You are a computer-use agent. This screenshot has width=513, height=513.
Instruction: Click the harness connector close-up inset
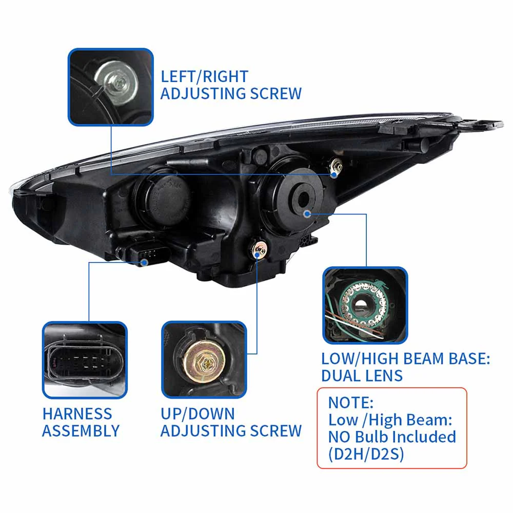point(84,360)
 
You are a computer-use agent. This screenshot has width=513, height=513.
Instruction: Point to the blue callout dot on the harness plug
point(145,262)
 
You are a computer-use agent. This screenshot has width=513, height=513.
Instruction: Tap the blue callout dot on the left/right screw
point(334,174)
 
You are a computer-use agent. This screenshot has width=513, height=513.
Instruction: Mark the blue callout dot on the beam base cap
point(307,213)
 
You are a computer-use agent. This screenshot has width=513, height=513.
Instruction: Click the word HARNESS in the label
point(77,413)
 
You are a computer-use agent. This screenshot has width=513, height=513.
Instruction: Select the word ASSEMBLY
point(81,431)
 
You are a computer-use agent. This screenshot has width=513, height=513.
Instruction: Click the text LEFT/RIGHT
point(204,76)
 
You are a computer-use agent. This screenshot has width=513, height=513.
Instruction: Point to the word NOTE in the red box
point(351,402)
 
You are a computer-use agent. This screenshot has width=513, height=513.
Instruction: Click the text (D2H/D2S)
point(366,454)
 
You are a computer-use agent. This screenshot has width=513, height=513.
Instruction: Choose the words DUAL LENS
point(362,376)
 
